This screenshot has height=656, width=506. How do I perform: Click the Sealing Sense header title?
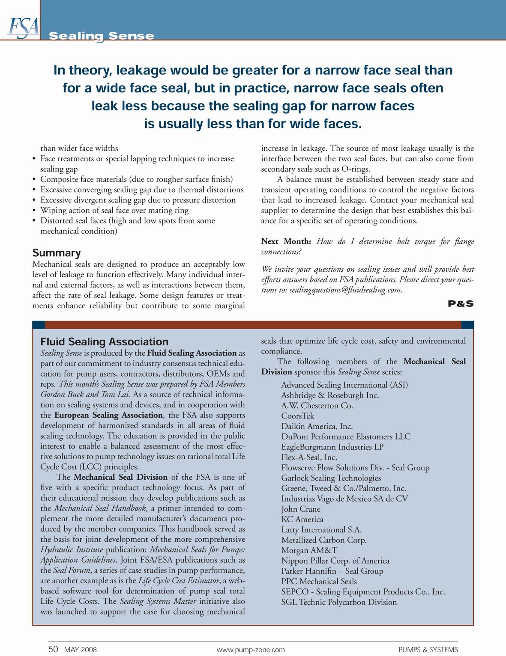click(x=101, y=36)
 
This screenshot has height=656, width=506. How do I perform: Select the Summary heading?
click(x=57, y=253)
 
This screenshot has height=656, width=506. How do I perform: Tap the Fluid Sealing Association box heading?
click(x=104, y=342)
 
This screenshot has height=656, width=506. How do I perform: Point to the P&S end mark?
click(x=461, y=304)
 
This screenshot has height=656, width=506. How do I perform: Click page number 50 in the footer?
click(x=53, y=649)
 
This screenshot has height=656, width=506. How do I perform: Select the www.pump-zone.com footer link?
click(x=251, y=650)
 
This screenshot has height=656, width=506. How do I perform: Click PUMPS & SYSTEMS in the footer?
click(x=428, y=650)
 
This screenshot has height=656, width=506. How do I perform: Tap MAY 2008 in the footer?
click(x=80, y=650)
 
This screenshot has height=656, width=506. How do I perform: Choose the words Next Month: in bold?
click(x=286, y=241)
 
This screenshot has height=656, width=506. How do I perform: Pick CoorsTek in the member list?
click(x=298, y=416)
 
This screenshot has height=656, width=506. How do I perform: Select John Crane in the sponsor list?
click(x=301, y=509)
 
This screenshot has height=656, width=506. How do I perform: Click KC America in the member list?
click(x=302, y=519)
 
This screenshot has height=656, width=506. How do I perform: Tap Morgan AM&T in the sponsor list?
click(x=309, y=550)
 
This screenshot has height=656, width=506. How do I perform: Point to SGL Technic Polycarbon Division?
click(x=339, y=602)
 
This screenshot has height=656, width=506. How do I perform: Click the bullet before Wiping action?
click(x=34, y=211)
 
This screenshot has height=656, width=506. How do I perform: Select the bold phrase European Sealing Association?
click(x=108, y=415)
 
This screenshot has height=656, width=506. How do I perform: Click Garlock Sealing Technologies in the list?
click(x=331, y=478)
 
